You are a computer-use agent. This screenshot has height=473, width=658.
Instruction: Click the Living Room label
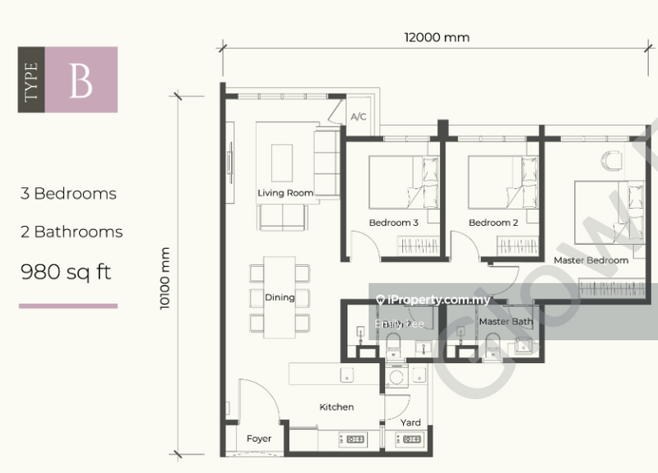coord(285,194)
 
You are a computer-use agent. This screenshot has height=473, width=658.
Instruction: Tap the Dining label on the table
coord(280,297)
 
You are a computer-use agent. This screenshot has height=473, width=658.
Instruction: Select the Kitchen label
coord(336,406)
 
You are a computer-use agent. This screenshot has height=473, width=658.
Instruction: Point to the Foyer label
coord(259,439)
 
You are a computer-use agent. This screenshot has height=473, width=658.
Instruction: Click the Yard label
coord(410,423)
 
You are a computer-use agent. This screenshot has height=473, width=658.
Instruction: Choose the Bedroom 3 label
coord(393,223)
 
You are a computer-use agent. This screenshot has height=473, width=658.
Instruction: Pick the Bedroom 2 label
coord(493,223)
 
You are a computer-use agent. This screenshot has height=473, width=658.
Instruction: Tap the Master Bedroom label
coord(591,260)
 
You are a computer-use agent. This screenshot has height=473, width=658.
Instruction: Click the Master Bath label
coord(506,321)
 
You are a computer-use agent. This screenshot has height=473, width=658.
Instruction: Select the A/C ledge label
coord(359,117)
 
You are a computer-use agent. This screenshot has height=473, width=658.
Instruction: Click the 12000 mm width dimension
coord(436,37)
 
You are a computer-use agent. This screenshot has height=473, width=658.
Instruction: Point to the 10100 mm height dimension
coord(167,279)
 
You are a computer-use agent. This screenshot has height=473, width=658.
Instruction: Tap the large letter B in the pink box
coord(81,80)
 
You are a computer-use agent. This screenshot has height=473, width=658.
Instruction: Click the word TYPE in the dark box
coord(32,80)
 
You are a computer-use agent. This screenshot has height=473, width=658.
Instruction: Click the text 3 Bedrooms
coord(68,195)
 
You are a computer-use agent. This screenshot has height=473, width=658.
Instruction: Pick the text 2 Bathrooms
coord(72,232)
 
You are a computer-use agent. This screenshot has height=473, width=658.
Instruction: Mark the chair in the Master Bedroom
coord(613,160)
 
